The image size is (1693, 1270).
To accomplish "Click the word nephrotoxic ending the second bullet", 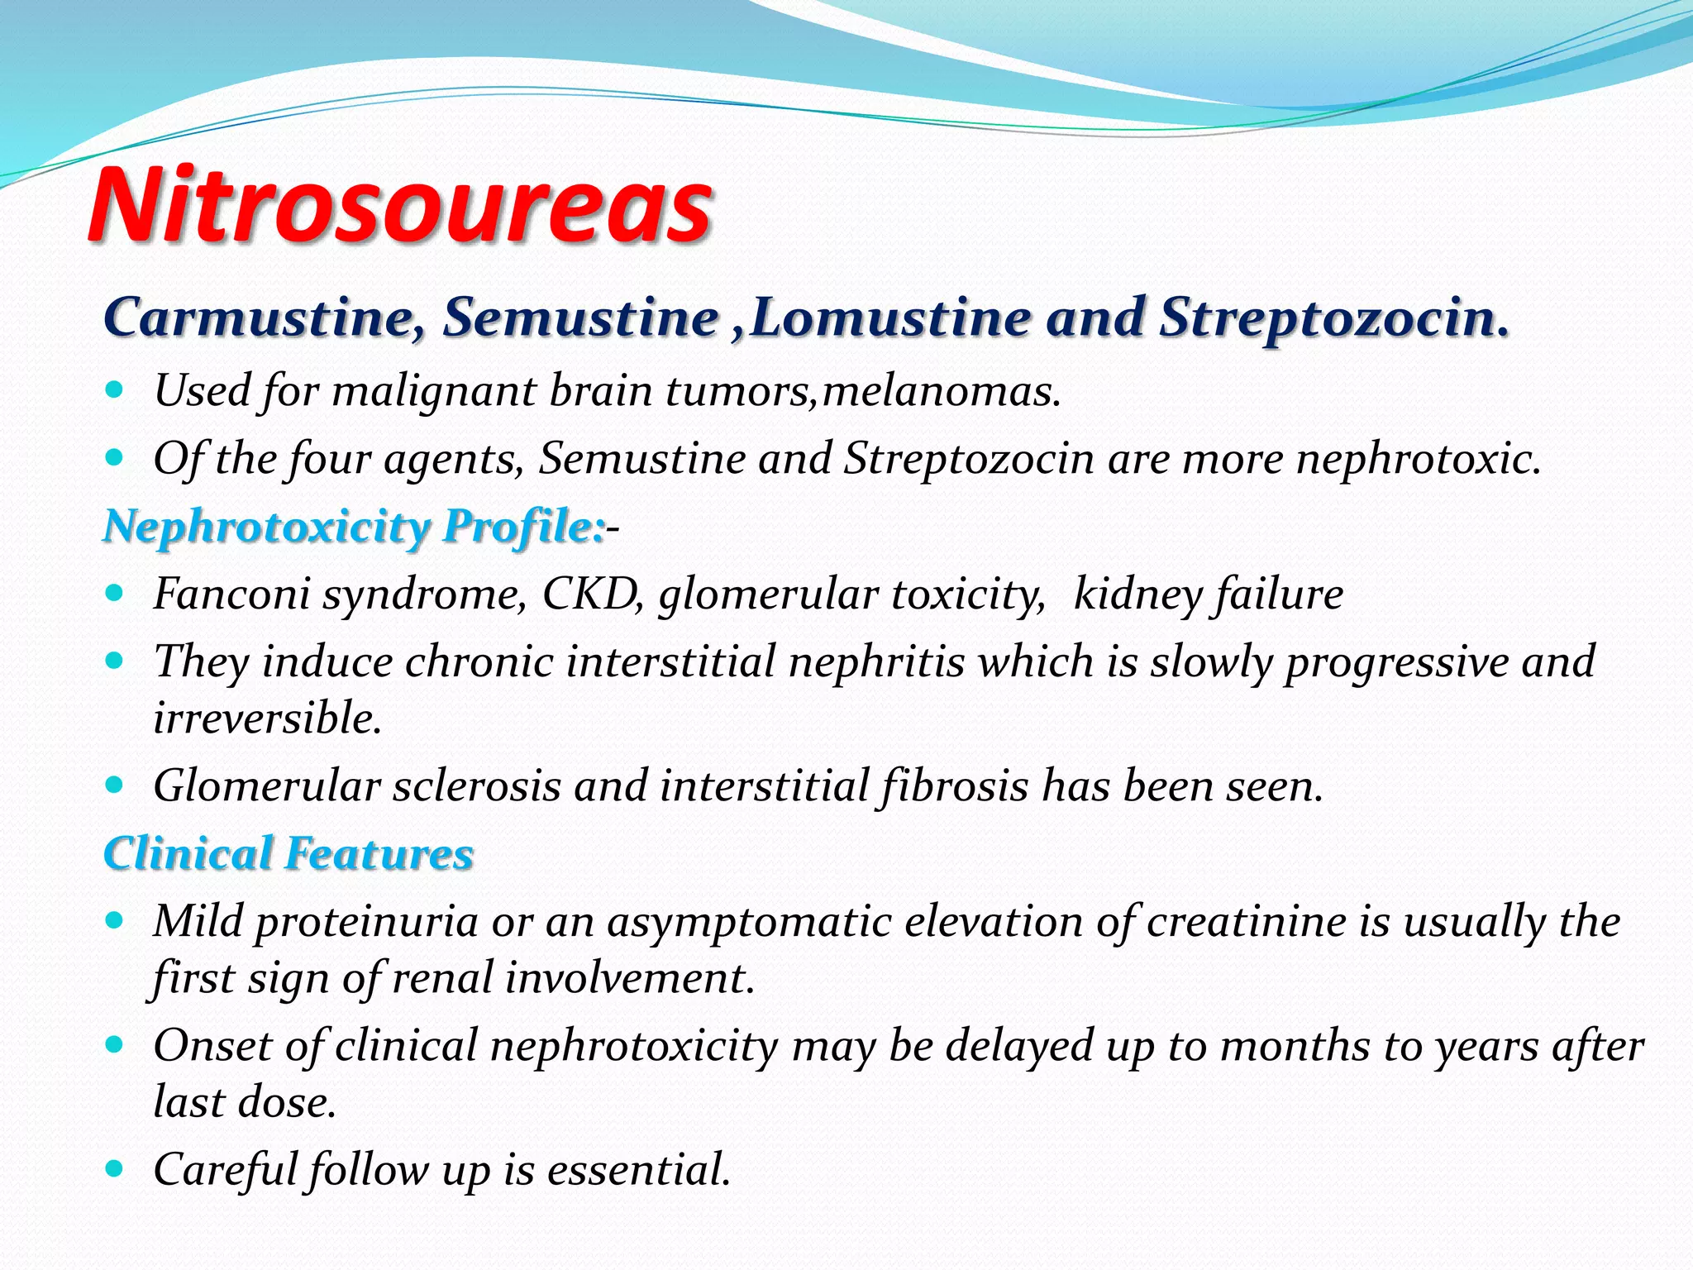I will tap(1419, 458).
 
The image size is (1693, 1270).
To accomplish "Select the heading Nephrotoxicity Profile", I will tap(354, 526).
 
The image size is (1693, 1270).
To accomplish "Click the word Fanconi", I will tap(231, 594).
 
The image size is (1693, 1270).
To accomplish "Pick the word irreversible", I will tap(267, 718).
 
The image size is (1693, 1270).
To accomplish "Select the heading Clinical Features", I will tap(289, 853).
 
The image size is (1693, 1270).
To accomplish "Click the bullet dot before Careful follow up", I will tap(115, 1168).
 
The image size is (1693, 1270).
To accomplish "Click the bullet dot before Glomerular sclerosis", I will tap(115, 784).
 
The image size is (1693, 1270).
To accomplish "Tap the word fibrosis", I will tap(955, 785).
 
